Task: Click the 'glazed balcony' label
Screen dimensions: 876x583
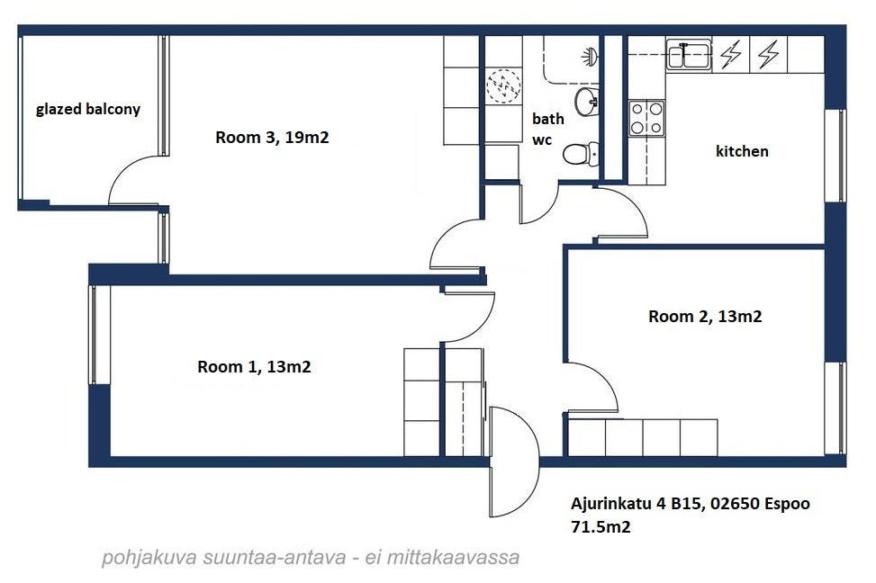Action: pos(87,109)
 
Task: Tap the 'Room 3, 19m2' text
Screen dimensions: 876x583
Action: pos(272,138)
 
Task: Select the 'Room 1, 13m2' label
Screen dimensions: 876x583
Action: pos(254,367)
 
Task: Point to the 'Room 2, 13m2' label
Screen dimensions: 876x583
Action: pos(705,317)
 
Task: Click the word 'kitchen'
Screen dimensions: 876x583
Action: pos(742,151)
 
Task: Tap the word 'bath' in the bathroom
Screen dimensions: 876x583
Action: pos(547,119)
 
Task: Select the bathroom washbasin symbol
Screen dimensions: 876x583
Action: pos(587,102)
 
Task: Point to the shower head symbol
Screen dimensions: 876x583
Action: pos(591,56)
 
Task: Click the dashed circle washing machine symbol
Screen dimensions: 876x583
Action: pos(503,86)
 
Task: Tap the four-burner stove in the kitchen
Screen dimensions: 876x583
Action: pos(646,118)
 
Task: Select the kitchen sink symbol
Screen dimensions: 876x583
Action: pos(688,55)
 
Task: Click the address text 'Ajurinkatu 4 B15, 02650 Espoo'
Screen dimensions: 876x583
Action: pos(690,504)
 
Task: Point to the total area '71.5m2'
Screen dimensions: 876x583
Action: pos(601,526)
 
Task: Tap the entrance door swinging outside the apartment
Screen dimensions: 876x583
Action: pos(514,462)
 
